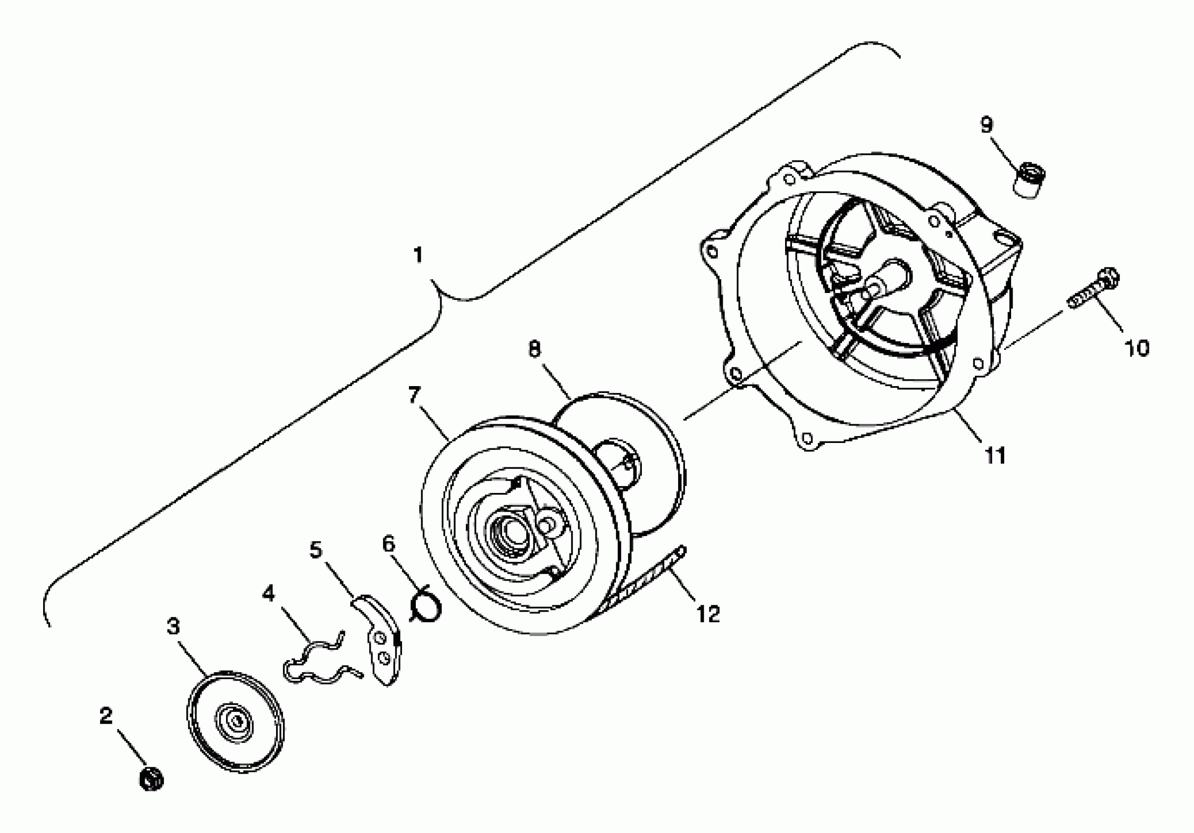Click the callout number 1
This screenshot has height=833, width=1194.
point(418,256)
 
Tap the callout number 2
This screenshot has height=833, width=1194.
point(105,715)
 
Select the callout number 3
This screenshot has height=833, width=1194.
point(173,627)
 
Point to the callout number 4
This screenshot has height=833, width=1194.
point(268,593)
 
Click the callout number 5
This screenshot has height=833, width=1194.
point(316,549)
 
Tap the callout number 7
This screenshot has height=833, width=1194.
point(413,395)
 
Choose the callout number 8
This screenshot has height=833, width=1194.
point(534,349)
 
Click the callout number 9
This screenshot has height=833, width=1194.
point(987,125)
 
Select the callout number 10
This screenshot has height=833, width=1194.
point(1136,348)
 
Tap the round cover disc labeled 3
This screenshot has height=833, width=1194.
point(235,722)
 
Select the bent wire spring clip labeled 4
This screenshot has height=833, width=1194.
point(318,663)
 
